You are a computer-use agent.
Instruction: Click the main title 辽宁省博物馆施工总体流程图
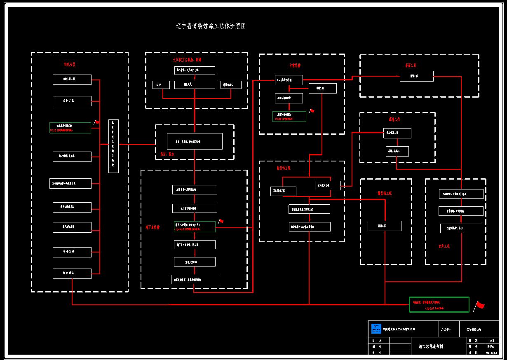click(x=211, y=26)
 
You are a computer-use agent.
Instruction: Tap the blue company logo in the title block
click(x=376, y=329)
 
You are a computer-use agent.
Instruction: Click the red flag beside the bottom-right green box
click(x=479, y=305)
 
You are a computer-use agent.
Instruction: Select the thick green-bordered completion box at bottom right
click(x=439, y=304)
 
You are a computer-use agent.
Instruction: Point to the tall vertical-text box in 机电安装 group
click(x=113, y=146)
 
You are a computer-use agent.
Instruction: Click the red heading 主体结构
click(x=295, y=65)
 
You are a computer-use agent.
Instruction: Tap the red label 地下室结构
click(x=153, y=227)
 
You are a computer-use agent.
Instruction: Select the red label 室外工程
click(x=444, y=246)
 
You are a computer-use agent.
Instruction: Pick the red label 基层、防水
click(x=167, y=154)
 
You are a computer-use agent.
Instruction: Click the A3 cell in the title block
click(x=491, y=341)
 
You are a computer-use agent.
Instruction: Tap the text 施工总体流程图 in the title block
click(x=431, y=346)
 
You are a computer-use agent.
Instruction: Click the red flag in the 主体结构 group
click(x=312, y=111)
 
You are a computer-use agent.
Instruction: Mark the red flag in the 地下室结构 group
click(x=221, y=222)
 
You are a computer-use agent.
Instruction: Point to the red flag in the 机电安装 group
click(x=96, y=122)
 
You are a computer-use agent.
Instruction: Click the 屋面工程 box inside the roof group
click(x=416, y=76)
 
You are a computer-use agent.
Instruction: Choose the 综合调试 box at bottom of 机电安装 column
click(x=72, y=274)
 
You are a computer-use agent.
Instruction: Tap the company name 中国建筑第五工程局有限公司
click(x=399, y=329)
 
